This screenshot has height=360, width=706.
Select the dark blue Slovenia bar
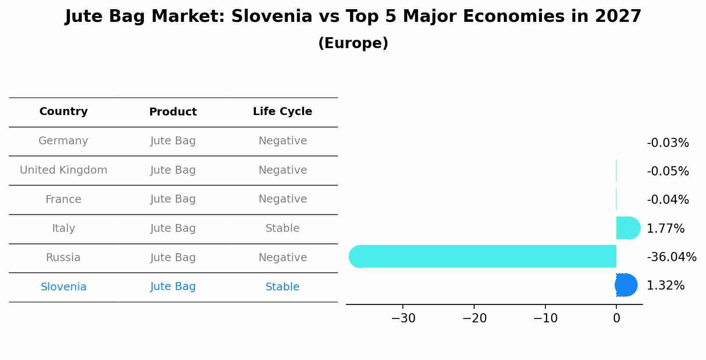pyautogui.click(x=626, y=285)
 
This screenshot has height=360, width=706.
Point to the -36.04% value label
pyautogui.click(x=671, y=257)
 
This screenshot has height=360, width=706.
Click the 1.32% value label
pyautogui.click(x=665, y=286)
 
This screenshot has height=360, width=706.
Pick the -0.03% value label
pyautogui.click(x=668, y=143)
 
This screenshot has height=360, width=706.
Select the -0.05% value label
pyautogui.click(x=668, y=171)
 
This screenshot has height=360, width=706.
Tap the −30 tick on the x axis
pyautogui.click(x=403, y=318)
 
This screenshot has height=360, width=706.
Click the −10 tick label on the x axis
pyautogui.click(x=545, y=318)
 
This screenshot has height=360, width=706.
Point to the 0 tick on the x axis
pyautogui.click(x=616, y=318)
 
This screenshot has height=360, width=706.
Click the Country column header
pyautogui.click(x=63, y=112)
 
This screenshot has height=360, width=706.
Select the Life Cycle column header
pyautogui.click(x=283, y=112)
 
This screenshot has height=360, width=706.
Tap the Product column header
pyautogui.click(x=173, y=112)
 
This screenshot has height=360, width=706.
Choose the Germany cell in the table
pyautogui.click(x=63, y=141)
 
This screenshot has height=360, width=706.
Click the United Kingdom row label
pyautogui.click(x=63, y=170)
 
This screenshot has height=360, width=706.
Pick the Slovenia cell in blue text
pyautogui.click(x=63, y=287)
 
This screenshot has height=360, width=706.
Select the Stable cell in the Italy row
pyautogui.click(x=283, y=228)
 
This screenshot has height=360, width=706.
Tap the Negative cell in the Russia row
pyautogui.click(x=283, y=258)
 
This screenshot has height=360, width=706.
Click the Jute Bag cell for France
pyautogui.click(x=173, y=199)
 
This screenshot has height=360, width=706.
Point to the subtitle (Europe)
pyautogui.click(x=353, y=43)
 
